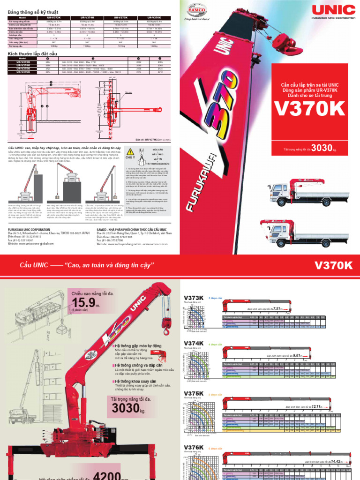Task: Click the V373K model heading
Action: point(194,298)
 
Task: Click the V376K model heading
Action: point(194,448)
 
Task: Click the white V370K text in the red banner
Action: point(334,266)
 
